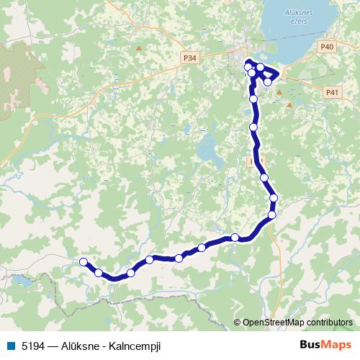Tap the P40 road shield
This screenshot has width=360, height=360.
point(328,47)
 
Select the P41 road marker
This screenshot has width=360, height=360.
point(332,92)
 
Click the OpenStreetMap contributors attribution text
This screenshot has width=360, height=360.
point(297,323)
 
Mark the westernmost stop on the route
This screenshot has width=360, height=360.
point(84,261)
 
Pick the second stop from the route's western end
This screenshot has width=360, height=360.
point(99,272)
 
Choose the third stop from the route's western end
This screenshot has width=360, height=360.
point(130,273)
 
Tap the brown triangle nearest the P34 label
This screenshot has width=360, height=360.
point(139,48)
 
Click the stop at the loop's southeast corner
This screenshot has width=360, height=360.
point(268,82)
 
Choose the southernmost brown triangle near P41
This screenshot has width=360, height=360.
point(289,105)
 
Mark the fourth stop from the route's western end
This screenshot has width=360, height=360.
point(150,259)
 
